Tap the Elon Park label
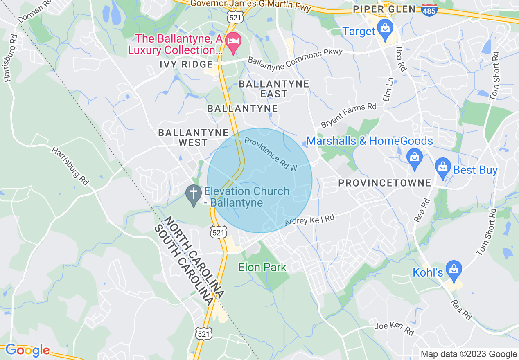click(262, 268)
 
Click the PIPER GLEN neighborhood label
click(384, 9)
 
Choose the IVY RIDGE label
click(187, 65)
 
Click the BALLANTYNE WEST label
click(193, 137)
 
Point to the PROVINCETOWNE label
click(385, 183)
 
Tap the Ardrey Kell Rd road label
click(309, 220)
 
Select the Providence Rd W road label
click(270, 154)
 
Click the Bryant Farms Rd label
click(349, 115)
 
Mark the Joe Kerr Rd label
click(394, 328)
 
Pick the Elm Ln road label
click(387, 90)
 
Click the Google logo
click(27, 351)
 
